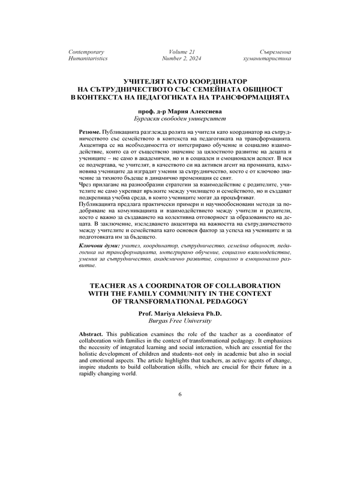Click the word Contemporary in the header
pos(87,53)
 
